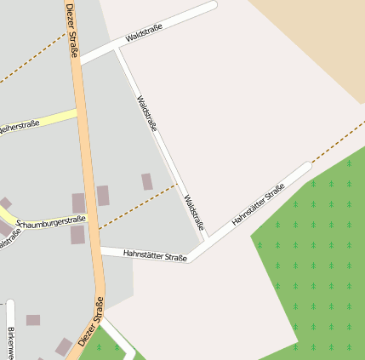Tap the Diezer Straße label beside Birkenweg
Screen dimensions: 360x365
[92, 321]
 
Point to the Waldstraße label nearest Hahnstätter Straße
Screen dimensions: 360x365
[195, 213]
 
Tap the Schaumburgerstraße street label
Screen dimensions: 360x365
[51, 220]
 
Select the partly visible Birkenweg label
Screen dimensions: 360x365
[11, 340]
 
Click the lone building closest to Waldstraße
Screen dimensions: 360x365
[147, 181]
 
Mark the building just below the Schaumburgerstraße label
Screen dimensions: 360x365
[77, 235]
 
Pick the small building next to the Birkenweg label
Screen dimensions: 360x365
[33, 320]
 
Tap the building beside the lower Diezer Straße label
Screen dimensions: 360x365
[64, 346]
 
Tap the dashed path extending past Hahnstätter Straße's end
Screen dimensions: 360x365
[336, 141]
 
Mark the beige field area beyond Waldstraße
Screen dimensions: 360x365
[315, 43]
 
